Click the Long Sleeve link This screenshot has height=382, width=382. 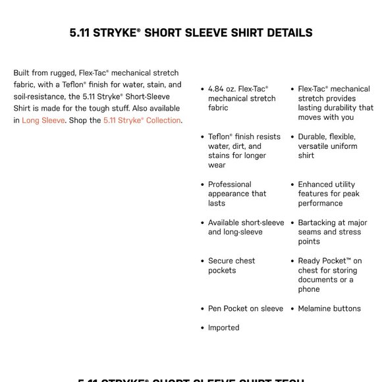tap(43, 121)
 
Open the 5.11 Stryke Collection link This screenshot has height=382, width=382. tap(142, 121)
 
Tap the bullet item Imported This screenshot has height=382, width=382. tap(224, 327)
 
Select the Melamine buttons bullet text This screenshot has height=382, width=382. tap(329, 308)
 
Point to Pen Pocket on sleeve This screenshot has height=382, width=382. tap(246, 308)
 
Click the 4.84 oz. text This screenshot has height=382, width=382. tap(222, 89)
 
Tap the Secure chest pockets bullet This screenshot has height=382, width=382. tap(231, 265)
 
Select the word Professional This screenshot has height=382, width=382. tap(230, 184)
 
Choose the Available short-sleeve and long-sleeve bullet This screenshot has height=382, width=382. tap(246, 227)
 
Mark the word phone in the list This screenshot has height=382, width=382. tap(308, 289)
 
